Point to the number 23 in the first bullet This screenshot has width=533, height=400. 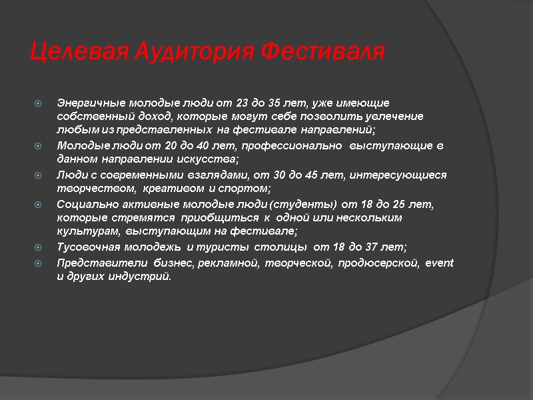point(243,103)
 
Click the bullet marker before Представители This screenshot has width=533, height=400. point(39,263)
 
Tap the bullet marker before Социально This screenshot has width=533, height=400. point(39,205)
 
